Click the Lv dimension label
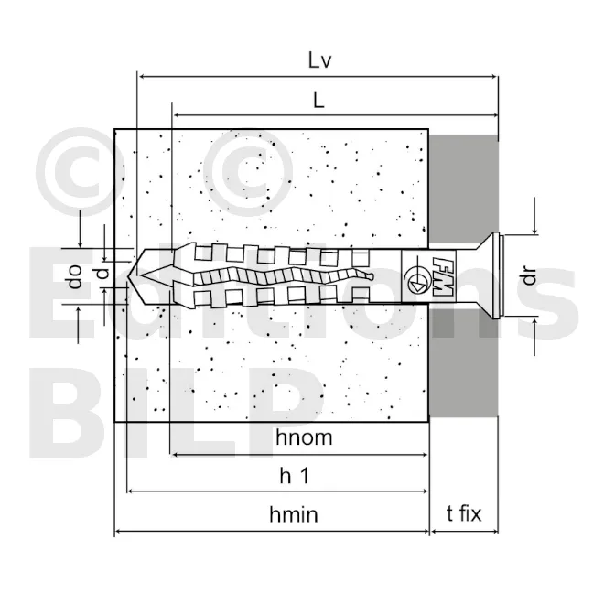319,60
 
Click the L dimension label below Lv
318,101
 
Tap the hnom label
304,437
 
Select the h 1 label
295,476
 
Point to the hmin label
294,514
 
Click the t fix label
464,513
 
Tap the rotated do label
75,276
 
